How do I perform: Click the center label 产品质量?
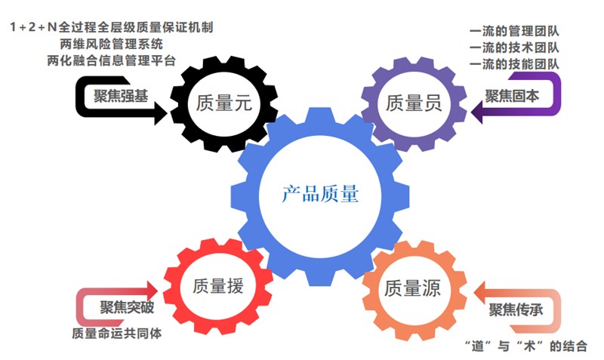tap(320, 195)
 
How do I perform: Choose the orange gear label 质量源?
tap(412, 288)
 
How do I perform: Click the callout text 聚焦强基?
tap(119, 95)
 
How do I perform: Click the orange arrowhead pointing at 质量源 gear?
tap(482, 291)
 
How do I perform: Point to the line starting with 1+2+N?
tap(111, 28)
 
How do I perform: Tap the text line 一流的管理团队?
tap(514, 31)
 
